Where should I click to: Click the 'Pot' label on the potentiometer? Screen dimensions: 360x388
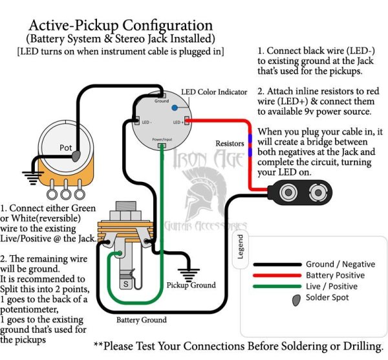click(x=66, y=148)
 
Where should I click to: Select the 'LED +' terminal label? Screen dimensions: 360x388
click(x=178, y=122)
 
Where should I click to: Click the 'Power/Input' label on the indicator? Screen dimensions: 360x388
click(x=162, y=140)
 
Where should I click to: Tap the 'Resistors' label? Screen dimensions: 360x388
click(x=229, y=142)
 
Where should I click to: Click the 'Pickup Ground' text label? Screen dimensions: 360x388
click(x=191, y=285)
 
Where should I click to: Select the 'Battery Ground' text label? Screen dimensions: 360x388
click(x=142, y=320)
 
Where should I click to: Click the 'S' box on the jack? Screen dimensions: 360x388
click(x=125, y=284)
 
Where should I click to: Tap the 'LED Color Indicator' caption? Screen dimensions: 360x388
click(x=214, y=93)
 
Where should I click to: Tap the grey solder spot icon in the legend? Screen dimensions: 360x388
click(x=296, y=298)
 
